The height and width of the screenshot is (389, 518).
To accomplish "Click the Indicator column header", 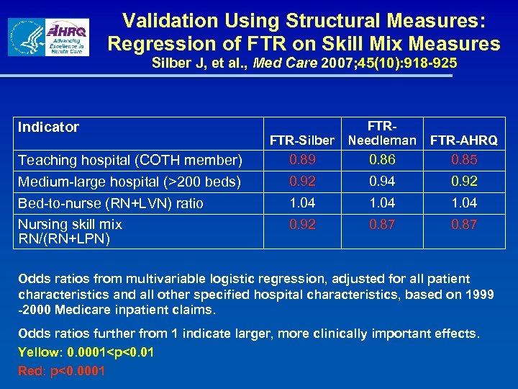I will [48, 128].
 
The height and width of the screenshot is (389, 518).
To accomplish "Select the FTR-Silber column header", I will [302, 140].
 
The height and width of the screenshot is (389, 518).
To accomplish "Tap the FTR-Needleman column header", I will [382, 133].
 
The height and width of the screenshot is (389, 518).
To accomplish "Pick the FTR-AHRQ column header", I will [464, 140].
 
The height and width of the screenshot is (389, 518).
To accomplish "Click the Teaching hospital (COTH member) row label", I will [129, 160].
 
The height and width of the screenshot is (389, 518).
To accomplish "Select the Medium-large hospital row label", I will [129, 182].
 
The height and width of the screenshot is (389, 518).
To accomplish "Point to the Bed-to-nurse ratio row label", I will [110, 203].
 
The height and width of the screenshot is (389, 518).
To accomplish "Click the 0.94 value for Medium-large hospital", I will [382, 182].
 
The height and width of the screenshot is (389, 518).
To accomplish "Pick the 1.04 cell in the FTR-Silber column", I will [302, 203].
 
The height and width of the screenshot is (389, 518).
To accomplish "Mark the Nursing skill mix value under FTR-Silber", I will [302, 225].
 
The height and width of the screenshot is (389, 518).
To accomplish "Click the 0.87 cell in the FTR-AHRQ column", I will [464, 225].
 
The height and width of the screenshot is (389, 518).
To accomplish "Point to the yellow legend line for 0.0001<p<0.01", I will [85, 353].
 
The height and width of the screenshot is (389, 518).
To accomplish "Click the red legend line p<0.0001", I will [61, 371].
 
